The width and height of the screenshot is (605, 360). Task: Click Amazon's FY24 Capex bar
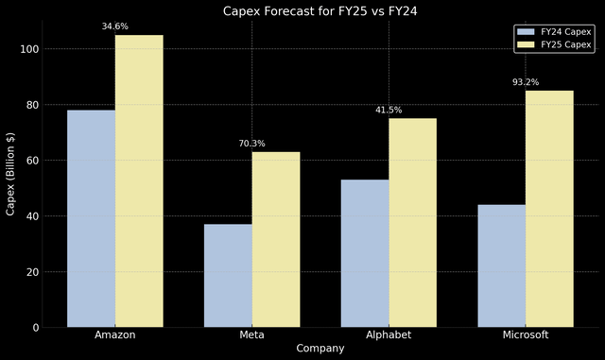point(91,218)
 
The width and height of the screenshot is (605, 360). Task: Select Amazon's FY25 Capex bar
point(139,181)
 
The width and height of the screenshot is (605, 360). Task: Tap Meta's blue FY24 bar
point(228,275)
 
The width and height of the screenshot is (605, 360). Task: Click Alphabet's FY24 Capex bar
point(365,253)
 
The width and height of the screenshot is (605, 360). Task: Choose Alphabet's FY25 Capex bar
point(412,223)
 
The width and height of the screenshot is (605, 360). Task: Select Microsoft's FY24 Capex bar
point(501,266)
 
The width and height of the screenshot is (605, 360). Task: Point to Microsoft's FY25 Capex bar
point(549,209)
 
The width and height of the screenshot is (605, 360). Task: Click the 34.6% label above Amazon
point(115,26)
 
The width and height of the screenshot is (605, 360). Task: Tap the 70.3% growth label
point(251,144)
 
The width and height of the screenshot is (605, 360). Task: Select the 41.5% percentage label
point(389,110)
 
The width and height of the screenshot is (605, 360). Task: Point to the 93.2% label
point(526,82)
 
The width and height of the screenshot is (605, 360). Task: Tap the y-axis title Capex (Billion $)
point(11,174)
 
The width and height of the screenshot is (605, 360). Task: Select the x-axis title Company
point(320,349)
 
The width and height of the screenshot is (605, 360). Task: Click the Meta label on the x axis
point(251,335)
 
